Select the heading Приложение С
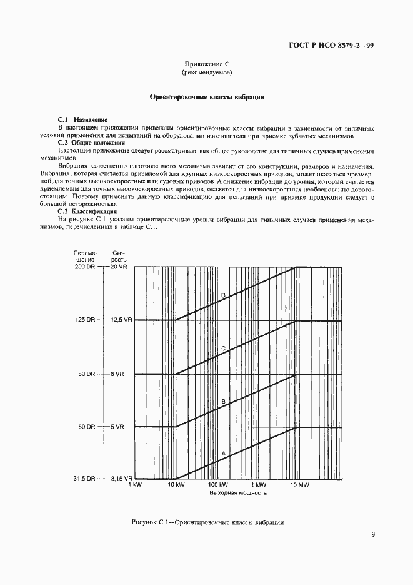pyautogui.click(x=206, y=64)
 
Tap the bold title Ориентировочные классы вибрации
pyautogui.click(x=207, y=98)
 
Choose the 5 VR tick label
pyautogui.click(x=117, y=427)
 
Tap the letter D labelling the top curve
pyautogui.click(x=222, y=295)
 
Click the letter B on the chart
pyautogui.click(x=222, y=401)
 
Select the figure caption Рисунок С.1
pyautogui.click(x=208, y=522)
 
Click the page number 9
pyautogui.click(x=372, y=534)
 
